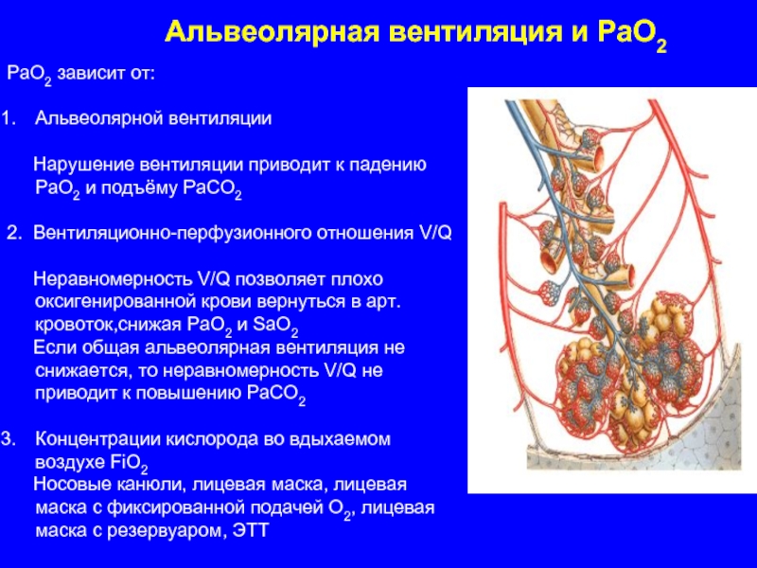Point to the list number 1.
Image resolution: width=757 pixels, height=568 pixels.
9,118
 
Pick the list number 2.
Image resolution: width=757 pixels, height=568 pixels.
14,233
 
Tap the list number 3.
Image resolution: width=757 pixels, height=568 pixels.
9,439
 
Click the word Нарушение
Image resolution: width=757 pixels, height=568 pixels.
83,165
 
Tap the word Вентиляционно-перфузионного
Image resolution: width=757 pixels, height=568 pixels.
173,233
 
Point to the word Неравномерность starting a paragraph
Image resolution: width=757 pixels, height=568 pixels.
113,279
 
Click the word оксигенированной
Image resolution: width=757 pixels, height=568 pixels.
120,302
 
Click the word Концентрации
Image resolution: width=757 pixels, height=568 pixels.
98,439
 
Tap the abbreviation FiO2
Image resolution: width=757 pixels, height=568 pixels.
129,463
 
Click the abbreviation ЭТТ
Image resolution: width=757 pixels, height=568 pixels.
250,531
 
